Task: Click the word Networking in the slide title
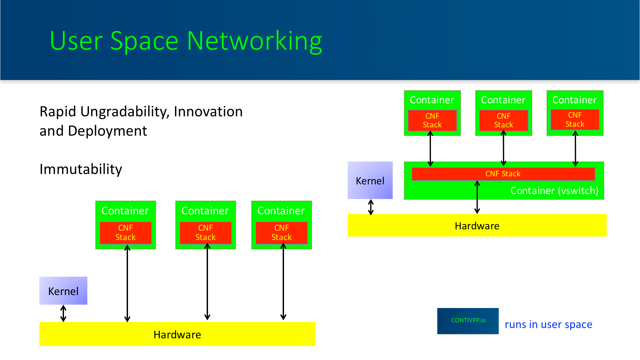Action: pos(254,41)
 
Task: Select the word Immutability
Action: pos(81,169)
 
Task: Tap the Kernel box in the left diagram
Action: pos(63,291)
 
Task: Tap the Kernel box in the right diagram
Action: pos(370,180)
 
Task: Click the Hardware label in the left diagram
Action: pos(177,334)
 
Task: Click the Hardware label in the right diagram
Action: pos(477,226)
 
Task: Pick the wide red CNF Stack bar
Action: pos(503,174)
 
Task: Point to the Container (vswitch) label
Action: pos(554,191)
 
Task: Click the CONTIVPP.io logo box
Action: pos(468,321)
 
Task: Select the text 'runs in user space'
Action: pos(548,324)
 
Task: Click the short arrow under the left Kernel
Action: pos(63,313)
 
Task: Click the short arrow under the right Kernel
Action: pos(371,207)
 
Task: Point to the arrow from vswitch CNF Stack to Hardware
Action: pos(477,197)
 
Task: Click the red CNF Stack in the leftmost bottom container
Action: pos(126,233)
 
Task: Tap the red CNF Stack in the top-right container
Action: pos(575,120)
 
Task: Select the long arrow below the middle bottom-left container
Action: pos(207,282)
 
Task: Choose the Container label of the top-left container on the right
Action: pos(432,100)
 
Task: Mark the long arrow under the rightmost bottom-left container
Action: pos(283,282)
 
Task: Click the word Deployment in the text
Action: pos(107,131)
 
